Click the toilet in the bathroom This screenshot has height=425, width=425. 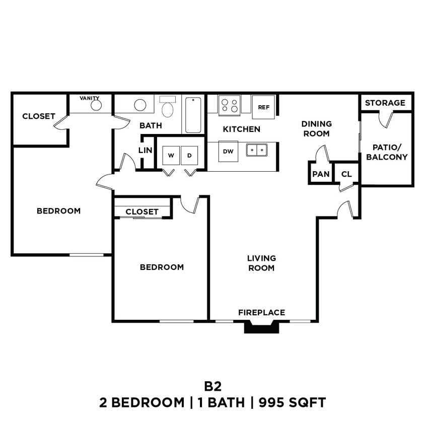pyautogui.click(x=167, y=107)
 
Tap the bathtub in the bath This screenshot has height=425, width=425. pyautogui.click(x=193, y=115)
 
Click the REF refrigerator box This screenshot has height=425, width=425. pyautogui.click(x=263, y=107)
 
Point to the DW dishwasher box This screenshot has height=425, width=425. pyautogui.click(x=228, y=152)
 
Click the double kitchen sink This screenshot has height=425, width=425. pyautogui.click(x=256, y=150)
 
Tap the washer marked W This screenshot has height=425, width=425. pyautogui.click(x=171, y=156)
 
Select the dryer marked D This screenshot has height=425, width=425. pyautogui.click(x=189, y=156)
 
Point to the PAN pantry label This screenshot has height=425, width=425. pyautogui.click(x=320, y=174)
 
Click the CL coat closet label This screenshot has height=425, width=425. pyautogui.click(x=346, y=174)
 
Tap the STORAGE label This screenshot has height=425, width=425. pyautogui.click(x=385, y=103)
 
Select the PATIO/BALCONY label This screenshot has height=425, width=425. pyautogui.click(x=387, y=152)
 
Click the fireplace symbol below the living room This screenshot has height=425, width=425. pyautogui.click(x=261, y=327)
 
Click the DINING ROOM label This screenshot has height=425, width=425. pyautogui.click(x=316, y=128)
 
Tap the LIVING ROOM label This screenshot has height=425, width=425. pyautogui.click(x=261, y=263)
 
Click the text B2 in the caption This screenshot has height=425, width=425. pyautogui.click(x=212, y=386)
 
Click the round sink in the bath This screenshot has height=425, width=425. pyautogui.click(x=140, y=105)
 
